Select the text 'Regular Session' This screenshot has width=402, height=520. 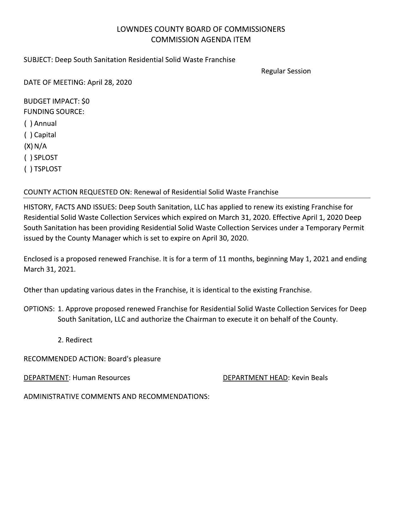(x=286, y=71)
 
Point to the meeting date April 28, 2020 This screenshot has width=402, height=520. (x=109, y=83)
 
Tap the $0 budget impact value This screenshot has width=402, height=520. (x=85, y=101)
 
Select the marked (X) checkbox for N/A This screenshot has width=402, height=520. (x=28, y=146)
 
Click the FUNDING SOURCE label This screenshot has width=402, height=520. (x=54, y=112)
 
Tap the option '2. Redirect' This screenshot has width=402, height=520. (x=75, y=340)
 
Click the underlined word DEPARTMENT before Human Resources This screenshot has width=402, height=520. (x=46, y=378)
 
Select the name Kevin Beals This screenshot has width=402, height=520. (x=310, y=378)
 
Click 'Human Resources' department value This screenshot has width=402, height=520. (x=101, y=378)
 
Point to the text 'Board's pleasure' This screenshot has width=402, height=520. (x=134, y=359)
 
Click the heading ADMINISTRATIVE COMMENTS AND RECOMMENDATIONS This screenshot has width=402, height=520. (x=116, y=397)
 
